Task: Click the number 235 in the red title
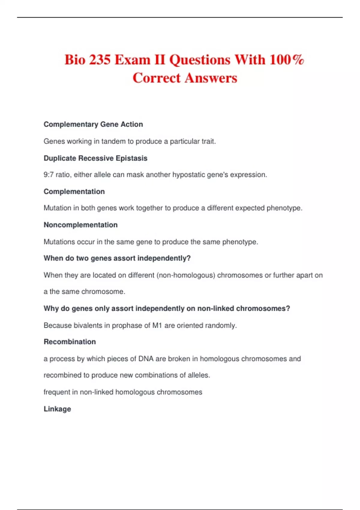click(100, 59)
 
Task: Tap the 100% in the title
click(287, 59)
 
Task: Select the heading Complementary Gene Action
click(93, 124)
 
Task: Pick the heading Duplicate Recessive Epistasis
click(95, 158)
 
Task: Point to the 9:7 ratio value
click(49, 175)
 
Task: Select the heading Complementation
click(74, 191)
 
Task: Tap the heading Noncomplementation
click(80, 225)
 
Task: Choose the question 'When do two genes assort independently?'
click(117, 258)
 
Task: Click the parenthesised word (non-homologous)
click(186, 275)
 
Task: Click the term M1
click(157, 325)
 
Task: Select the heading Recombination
click(70, 342)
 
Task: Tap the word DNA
click(146, 359)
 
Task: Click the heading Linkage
click(57, 409)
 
